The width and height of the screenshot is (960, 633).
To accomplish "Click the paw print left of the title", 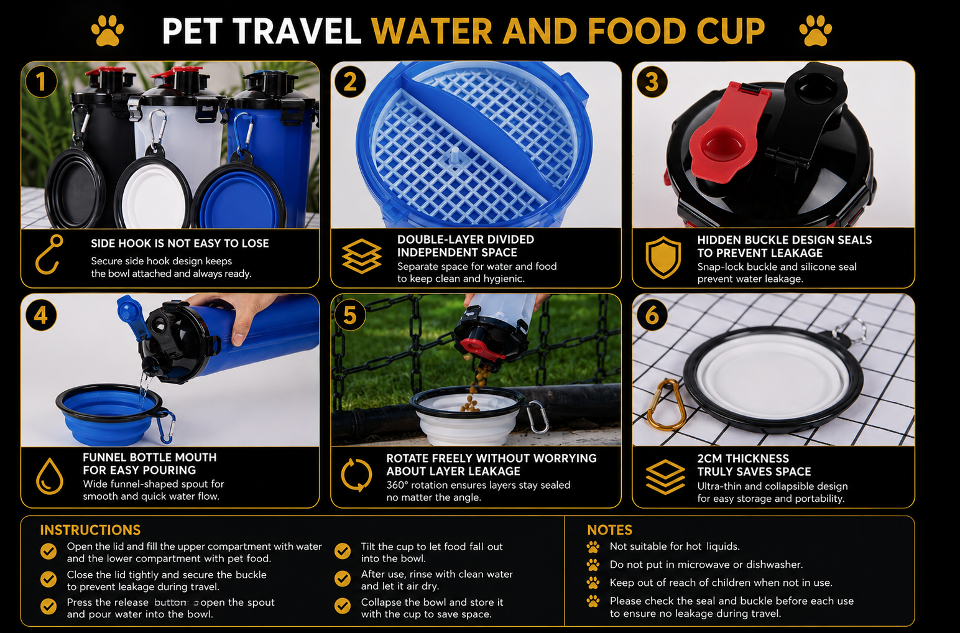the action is pyautogui.click(x=107, y=31).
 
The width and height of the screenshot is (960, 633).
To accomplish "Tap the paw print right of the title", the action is pyautogui.click(x=816, y=31).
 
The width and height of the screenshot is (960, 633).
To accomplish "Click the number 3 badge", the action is pyautogui.click(x=652, y=82).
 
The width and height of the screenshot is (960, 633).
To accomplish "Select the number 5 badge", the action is pyautogui.click(x=350, y=315).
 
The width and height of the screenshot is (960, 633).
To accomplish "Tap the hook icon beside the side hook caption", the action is pyautogui.click(x=48, y=254).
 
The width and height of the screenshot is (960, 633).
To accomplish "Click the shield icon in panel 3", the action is pyautogui.click(x=663, y=257).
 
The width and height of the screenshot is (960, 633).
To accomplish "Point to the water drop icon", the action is pyautogui.click(x=50, y=476).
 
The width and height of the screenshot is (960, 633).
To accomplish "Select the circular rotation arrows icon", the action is pyautogui.click(x=356, y=475).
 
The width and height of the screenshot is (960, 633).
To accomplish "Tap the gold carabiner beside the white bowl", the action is pyautogui.click(x=665, y=404).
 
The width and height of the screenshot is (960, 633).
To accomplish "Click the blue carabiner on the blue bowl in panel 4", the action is pyautogui.click(x=166, y=427).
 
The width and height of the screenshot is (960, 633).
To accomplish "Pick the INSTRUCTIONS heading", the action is pyautogui.click(x=90, y=530).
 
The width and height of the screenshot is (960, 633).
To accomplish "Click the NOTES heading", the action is pyautogui.click(x=609, y=530).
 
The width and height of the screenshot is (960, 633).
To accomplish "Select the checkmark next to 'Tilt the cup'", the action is pyautogui.click(x=343, y=551).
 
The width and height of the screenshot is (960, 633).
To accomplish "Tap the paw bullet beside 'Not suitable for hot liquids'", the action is pyautogui.click(x=593, y=547).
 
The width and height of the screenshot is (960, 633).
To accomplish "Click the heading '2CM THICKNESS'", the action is pyautogui.click(x=743, y=458).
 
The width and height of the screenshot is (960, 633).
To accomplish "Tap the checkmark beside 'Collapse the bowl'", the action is pyautogui.click(x=343, y=606).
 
